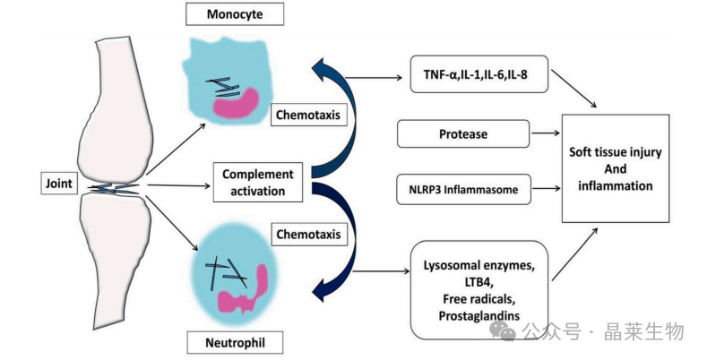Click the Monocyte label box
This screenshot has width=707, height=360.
[235, 14]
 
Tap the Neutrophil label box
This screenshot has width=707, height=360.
[235, 343]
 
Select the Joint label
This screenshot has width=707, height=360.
[59, 184]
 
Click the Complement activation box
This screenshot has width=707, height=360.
[257, 183]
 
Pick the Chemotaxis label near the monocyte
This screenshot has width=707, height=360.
[308, 115]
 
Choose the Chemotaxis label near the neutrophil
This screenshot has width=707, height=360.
[308, 235]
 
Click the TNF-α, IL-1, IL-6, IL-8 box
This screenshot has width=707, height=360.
[479, 74]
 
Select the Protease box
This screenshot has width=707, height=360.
[463, 133]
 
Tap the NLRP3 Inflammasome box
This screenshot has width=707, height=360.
[463, 189]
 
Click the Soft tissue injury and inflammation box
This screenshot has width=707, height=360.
[615, 168]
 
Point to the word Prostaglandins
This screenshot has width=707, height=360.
[479, 316]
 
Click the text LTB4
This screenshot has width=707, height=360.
[479, 282]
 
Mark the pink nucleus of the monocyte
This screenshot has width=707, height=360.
[235, 105]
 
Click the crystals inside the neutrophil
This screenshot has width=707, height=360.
[227, 273]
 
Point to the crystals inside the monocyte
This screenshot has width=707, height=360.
[223, 87]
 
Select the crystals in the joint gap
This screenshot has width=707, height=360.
[114, 189]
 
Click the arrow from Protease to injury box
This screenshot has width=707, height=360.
[546, 133]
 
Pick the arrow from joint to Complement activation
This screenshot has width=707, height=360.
[179, 185]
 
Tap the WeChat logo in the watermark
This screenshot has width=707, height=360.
[503, 331]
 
